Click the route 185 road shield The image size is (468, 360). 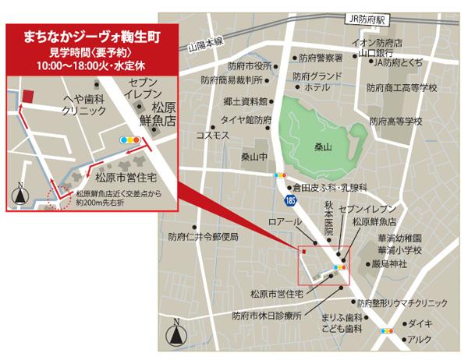(x=290, y=200)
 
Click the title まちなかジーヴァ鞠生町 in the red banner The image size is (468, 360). (x=91, y=37)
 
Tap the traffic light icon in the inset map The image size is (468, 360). (x=129, y=139)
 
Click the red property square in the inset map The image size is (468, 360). (x=29, y=95)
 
